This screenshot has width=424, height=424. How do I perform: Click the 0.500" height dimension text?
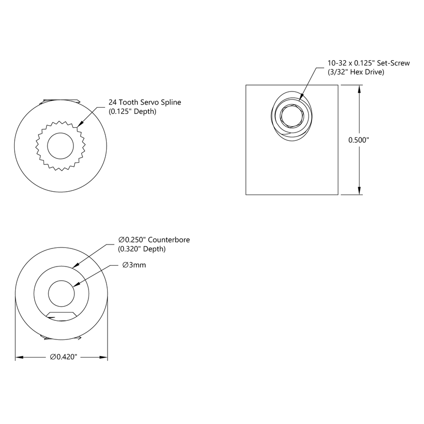point(358,140)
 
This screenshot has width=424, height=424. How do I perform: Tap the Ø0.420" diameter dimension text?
point(65,357)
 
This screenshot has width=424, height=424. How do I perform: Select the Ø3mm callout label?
point(135,265)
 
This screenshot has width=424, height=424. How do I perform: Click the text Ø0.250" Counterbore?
point(154,240)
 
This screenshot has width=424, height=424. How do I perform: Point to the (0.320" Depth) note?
point(142,249)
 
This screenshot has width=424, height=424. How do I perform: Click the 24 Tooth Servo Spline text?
point(145,102)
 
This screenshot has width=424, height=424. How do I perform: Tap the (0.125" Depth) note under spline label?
point(132,112)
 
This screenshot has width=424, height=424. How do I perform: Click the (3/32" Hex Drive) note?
point(356,72)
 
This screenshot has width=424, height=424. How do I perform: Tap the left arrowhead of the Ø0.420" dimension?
point(20,357)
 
